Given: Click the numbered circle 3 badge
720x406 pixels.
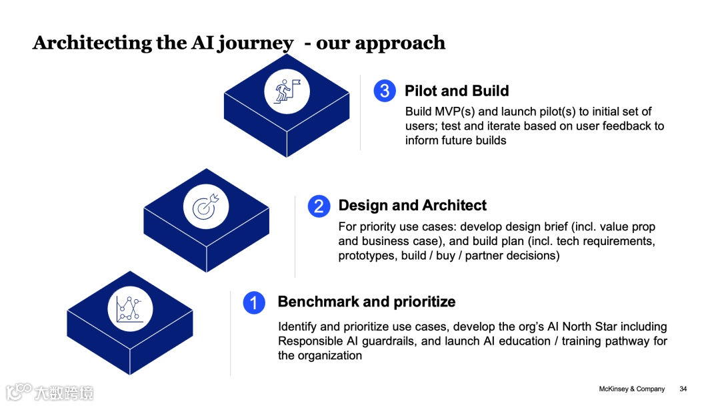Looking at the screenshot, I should click(385, 91).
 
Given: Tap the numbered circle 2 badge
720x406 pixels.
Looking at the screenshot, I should click(319, 206).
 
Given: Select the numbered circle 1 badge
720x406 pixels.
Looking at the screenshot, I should click(254, 302).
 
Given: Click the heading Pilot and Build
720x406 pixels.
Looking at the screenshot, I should click(457, 91).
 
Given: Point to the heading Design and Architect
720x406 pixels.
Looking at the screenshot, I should click(412, 206).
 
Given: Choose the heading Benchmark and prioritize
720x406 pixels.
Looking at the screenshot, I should click(366, 302).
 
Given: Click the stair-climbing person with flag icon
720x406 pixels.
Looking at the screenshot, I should click(287, 91).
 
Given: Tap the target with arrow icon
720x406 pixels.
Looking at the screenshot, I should click(206, 206).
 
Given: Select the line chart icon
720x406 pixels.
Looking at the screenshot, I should click(130, 309).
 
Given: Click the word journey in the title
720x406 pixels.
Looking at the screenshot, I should click(256, 43).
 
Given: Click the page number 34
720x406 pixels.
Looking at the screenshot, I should click(683, 389).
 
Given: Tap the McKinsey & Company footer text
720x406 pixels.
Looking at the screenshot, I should click(632, 389).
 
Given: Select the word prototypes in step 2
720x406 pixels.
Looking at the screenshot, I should click(366, 256).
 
